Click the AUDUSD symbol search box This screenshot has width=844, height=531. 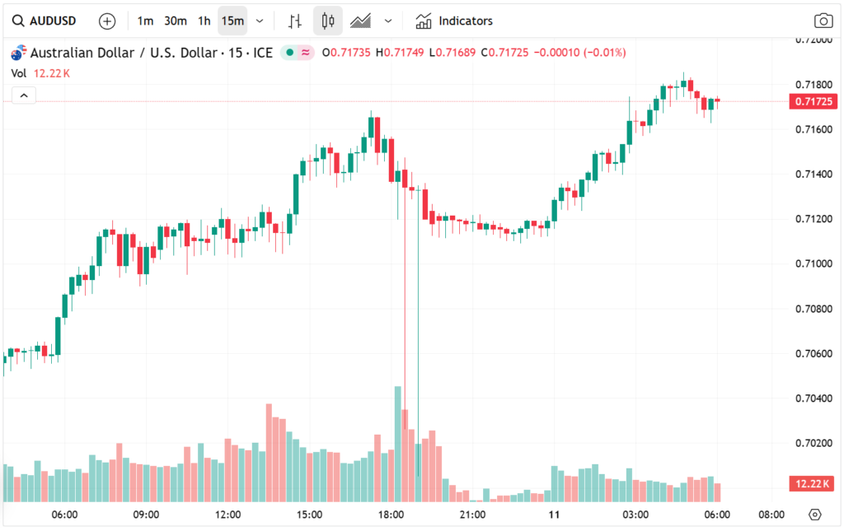(46, 21)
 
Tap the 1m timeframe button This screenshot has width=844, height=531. (145, 21)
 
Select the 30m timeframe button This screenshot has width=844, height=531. (175, 21)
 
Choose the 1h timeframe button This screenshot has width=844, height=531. (204, 21)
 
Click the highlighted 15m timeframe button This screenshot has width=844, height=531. (232, 21)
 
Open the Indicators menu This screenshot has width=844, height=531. (454, 21)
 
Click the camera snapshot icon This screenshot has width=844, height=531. (822, 21)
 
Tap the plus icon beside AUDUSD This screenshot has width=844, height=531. (107, 21)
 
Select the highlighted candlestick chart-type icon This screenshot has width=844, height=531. (328, 21)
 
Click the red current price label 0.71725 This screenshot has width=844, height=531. (814, 101)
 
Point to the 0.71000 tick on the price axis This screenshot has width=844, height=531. (814, 263)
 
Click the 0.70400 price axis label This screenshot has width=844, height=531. (814, 398)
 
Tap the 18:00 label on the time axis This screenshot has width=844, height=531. (391, 515)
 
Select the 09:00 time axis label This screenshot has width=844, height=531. (146, 515)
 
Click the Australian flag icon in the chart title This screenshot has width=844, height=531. (17, 54)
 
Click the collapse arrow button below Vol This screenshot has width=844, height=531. (23, 95)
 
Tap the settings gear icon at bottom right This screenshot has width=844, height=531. (815, 515)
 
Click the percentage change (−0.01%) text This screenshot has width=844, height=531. (605, 53)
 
